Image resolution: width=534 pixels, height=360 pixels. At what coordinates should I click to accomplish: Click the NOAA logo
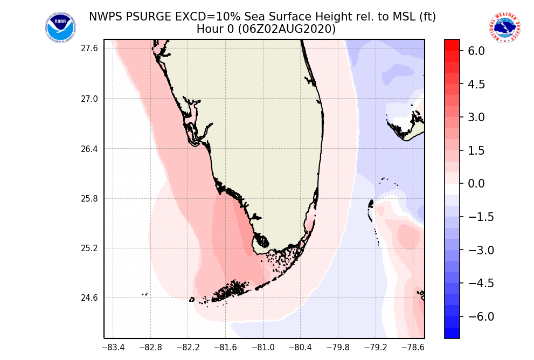[60, 28]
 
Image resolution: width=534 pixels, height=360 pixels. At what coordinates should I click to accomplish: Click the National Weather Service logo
[504, 28]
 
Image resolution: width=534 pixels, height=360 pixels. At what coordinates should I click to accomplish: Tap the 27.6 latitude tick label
[89, 49]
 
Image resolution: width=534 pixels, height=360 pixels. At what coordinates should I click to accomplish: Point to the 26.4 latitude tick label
[89, 149]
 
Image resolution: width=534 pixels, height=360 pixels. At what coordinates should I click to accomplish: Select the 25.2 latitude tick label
[89, 248]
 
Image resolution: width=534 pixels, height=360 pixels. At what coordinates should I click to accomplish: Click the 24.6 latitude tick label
[89, 298]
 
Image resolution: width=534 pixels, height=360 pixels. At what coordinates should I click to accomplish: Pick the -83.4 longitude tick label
[113, 348]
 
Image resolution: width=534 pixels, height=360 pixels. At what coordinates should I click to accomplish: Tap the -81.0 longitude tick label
[263, 348]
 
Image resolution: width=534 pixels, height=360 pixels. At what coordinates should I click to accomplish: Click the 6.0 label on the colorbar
[476, 51]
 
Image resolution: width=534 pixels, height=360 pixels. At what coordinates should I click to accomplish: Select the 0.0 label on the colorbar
[476, 184]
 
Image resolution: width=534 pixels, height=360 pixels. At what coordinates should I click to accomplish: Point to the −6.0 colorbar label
[474, 316]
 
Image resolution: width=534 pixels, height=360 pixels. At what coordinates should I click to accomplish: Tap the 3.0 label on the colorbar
[476, 117]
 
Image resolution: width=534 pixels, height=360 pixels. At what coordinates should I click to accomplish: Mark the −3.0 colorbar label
[474, 250]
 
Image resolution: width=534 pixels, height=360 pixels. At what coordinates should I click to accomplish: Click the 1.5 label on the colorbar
[476, 150]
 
